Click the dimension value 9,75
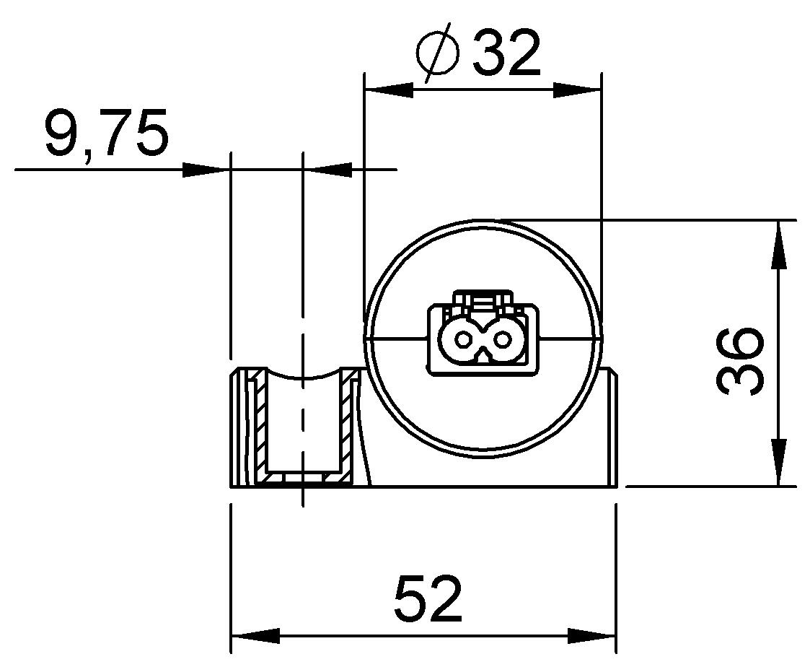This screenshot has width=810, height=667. coord(106,134)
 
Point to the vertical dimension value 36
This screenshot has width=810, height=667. coord(740,360)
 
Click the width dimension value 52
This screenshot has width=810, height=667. coord(428,600)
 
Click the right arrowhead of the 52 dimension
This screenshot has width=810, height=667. coord(592,636)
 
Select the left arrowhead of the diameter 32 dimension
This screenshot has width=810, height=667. coord(389,90)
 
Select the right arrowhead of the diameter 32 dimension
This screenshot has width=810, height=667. coord(576,90)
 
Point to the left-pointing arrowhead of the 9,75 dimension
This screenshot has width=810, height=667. coord(327,170)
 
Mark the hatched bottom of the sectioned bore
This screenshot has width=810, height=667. coord(303,478)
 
